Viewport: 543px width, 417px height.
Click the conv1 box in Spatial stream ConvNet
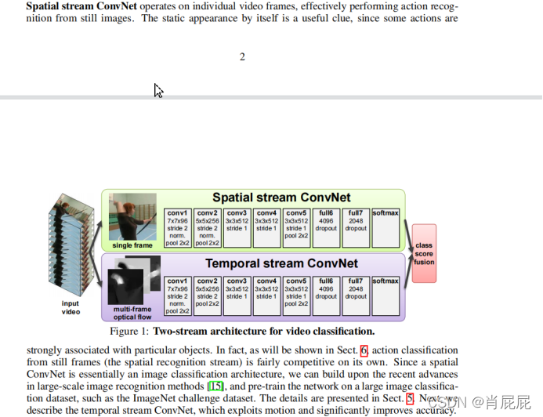pos(178,228)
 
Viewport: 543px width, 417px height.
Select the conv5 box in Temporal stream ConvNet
pos(296,296)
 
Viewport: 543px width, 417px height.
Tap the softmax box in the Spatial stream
pos(386,228)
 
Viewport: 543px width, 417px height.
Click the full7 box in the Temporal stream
pos(356,296)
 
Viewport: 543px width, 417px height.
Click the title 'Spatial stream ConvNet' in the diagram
pos(281,198)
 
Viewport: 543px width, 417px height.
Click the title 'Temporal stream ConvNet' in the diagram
pos(281,263)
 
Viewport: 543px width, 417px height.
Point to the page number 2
pos(242,56)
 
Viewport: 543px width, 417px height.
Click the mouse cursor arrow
pos(158,91)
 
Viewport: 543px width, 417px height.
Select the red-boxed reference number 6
pos(364,350)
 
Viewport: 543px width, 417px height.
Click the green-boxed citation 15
pos(215,386)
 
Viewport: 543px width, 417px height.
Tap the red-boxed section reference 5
pos(409,397)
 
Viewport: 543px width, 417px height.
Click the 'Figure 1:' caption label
pos(129,332)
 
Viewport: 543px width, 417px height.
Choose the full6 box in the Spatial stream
pos(326,228)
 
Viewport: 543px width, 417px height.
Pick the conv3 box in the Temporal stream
pos(237,296)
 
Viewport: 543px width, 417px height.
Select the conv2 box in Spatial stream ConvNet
pos(207,228)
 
